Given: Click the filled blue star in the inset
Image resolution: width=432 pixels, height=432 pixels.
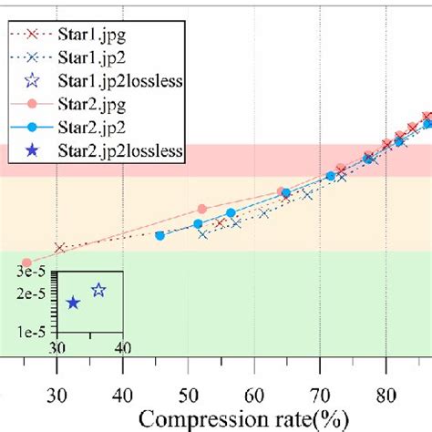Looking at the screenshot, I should click(73, 302).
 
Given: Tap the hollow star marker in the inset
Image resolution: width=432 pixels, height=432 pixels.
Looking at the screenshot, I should click(98, 291).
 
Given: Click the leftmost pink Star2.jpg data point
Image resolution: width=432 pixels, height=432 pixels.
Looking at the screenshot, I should click(26, 262).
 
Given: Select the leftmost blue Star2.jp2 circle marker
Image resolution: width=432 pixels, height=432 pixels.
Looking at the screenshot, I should click(159, 235).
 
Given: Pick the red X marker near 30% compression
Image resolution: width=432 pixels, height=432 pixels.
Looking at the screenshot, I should click(60, 248).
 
